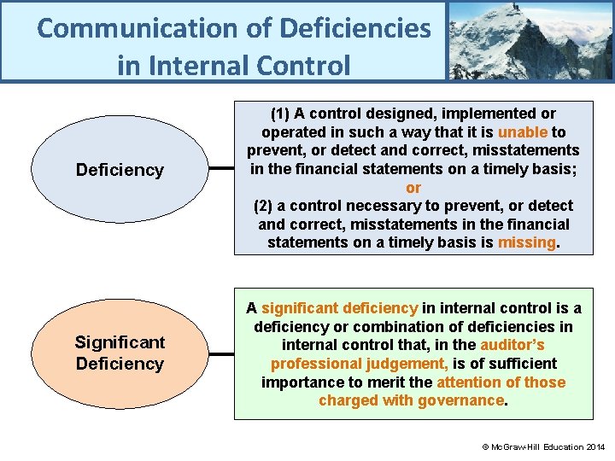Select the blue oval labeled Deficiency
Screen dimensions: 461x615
[120, 170]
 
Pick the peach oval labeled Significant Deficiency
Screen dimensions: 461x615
[120, 353]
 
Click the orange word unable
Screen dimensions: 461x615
[523, 132]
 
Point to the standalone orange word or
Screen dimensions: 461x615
[413, 188]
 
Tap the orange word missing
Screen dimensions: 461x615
[526, 242]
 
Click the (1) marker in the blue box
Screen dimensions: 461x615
[280, 114]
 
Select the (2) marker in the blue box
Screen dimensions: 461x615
[265, 206]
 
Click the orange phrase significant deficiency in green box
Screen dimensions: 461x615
[339, 308]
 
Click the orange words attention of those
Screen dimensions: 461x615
[501, 382]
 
